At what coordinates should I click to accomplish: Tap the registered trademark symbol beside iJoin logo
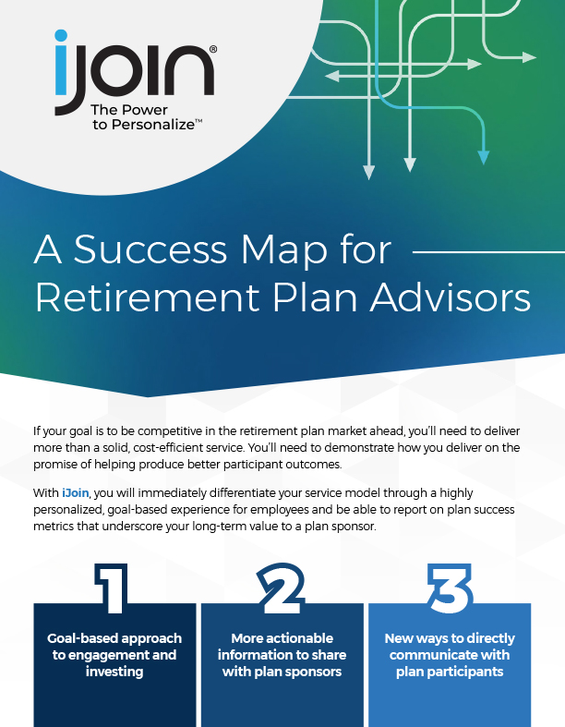tap(212, 49)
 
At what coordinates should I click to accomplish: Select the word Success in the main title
tap(150, 249)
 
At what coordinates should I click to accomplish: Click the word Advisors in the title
tap(450, 297)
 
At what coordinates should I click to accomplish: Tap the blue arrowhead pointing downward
tap(484, 157)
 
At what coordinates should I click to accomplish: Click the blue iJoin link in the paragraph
tap(75, 493)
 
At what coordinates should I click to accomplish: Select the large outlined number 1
tap(111, 588)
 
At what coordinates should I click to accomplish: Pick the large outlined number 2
tap(282, 588)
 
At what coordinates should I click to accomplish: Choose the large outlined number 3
tap(450, 588)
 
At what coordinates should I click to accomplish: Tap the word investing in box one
tap(114, 672)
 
